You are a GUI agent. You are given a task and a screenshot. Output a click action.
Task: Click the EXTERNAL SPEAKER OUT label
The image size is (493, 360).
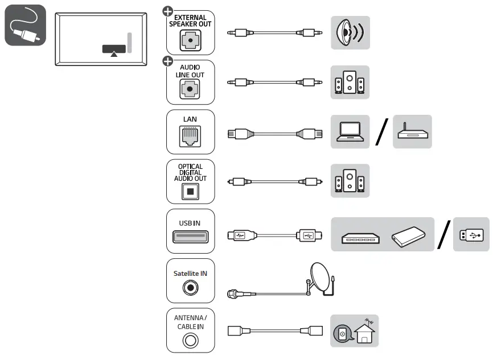coord(190,21)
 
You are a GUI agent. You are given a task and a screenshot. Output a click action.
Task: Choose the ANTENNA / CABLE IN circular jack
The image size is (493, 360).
coord(190,340)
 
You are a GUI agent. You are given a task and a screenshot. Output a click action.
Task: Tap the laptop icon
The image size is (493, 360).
coord(350,132)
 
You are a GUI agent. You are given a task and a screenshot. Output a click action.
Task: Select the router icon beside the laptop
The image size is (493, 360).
coord(412,133)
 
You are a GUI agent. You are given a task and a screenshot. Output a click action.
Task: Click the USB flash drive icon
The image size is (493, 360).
coord(471,234)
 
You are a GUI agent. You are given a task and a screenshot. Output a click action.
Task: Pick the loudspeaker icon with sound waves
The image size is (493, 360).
coord(350,33)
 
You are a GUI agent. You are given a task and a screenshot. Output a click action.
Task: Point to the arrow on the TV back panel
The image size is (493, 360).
coord(114,54)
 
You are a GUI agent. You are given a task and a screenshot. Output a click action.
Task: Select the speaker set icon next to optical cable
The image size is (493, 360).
coord(350,181)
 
